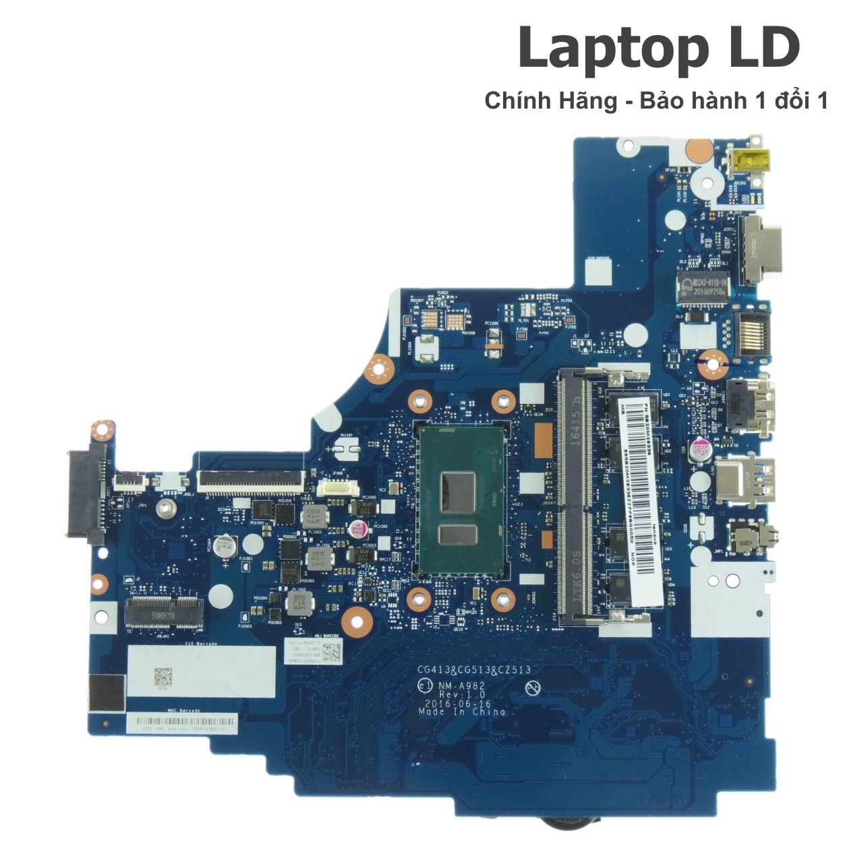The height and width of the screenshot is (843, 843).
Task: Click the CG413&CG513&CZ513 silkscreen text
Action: [473, 670]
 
